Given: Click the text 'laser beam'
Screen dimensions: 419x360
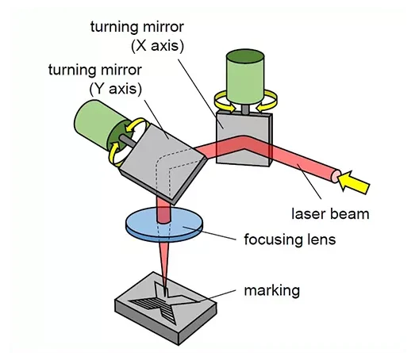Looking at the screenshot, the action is pos(330,214).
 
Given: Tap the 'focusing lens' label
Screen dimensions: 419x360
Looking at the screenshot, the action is pos(290,239).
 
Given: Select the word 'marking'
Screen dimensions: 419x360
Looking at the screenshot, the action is pos(272,290).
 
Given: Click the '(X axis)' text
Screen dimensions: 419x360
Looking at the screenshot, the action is pos(158,46).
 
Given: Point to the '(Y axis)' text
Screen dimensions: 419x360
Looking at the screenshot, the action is pos(115,89).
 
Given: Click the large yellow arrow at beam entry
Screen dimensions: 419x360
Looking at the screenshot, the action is pos(354,182).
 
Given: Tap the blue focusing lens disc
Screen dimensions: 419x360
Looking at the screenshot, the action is pos(164,225).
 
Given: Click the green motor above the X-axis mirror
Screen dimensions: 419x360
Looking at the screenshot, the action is pos(245,77).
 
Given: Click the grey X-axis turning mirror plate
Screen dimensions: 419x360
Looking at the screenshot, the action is pos(244,139).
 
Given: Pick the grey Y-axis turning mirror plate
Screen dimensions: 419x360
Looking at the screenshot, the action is pos(163,163).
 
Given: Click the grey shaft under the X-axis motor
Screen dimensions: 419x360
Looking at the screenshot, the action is pos(245,109).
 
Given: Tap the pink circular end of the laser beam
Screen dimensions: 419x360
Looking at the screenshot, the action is pos(336,176).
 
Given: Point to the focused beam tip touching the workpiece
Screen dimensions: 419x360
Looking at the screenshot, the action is pos(166,295).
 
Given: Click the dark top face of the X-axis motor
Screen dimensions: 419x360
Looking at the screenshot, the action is pos(245,56).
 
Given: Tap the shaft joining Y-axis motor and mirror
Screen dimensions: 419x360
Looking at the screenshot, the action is pos(128,140).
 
